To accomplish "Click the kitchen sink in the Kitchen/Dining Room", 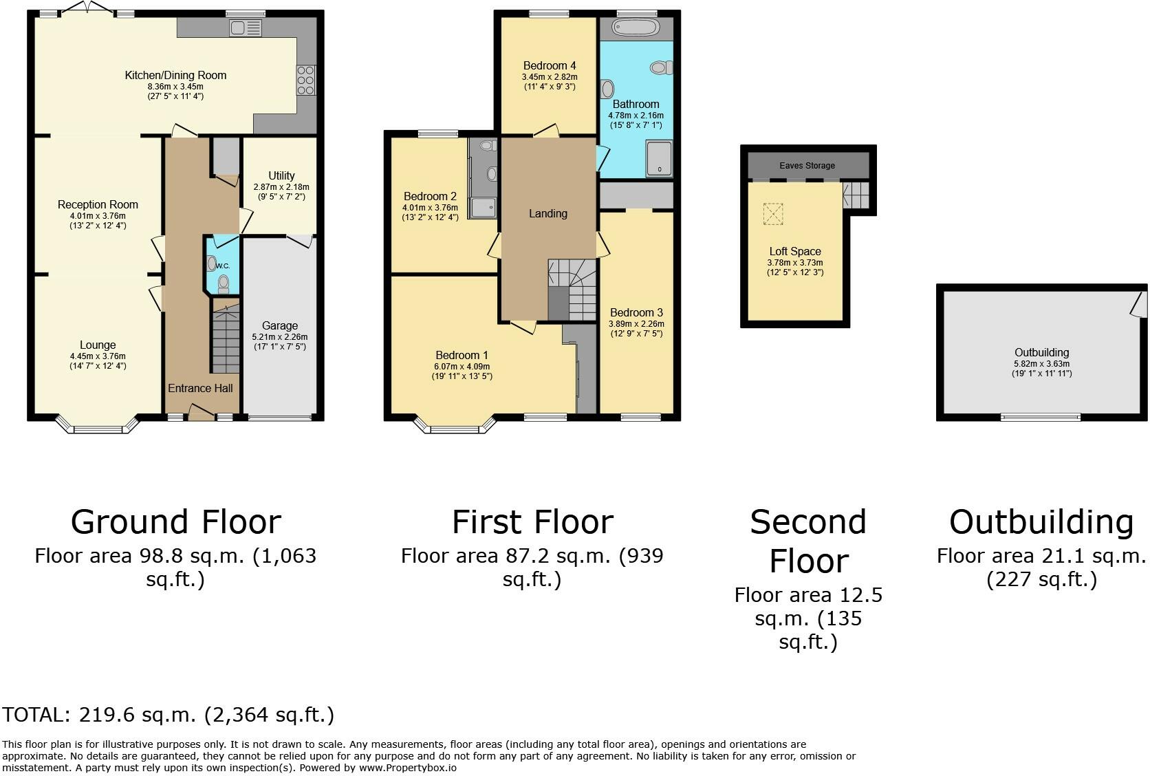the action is (246, 28).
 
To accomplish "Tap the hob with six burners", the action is (305, 80).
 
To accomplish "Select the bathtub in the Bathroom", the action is (636, 28).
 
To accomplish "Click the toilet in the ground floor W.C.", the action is (224, 284).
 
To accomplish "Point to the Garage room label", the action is (280, 325).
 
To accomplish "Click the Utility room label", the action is (281, 175).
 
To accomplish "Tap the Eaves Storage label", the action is (807, 165).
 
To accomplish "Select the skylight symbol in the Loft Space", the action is (773, 214).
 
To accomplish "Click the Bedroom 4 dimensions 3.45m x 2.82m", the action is (550, 77).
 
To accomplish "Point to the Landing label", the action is (547, 214).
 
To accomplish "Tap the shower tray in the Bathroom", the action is (659, 158).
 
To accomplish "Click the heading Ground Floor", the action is (175, 522).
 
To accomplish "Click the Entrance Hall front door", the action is (202, 412).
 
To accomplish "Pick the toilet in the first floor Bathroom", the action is (661, 67).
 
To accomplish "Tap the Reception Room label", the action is (98, 204).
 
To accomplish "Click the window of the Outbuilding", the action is (1041, 417).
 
